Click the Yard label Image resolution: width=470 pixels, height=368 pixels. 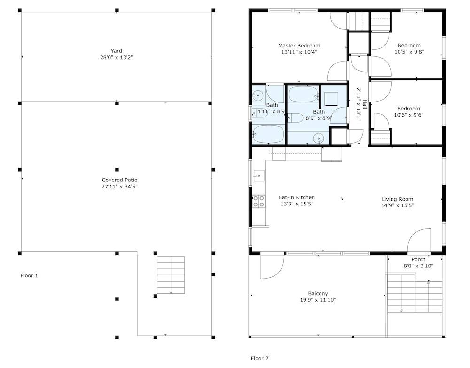coord(116,51)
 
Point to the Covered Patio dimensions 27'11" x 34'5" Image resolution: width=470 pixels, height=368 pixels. coord(119,187)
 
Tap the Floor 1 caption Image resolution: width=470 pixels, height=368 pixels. coord(29,276)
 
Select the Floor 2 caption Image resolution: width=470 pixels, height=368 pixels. coord(259,358)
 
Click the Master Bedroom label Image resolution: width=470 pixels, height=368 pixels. coord(299,46)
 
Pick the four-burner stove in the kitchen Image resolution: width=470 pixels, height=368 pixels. coord(258,201)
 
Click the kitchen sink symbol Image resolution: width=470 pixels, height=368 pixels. coord(258,176)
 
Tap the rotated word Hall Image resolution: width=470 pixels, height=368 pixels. coord(365,104)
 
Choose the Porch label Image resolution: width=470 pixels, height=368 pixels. coord(418,259)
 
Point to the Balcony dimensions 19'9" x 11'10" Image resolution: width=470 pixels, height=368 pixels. coord(318,300)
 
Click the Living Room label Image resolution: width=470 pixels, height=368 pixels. coord(398,199)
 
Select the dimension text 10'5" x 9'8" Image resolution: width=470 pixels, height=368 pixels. coord(409,52)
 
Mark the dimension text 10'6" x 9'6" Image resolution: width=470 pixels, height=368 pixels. coord(408,115)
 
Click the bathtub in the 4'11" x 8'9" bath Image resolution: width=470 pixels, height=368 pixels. coord(268,134)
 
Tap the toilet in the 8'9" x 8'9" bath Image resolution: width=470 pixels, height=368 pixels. coord(295,118)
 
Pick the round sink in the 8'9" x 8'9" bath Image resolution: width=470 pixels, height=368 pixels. coord(319,139)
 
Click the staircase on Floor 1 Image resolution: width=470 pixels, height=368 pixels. coord(171,275)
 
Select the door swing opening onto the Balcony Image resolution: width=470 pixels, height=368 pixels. coord(272,266)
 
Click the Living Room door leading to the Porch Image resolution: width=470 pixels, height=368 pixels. coord(419,240)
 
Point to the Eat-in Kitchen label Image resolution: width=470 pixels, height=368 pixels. coord(297,197)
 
